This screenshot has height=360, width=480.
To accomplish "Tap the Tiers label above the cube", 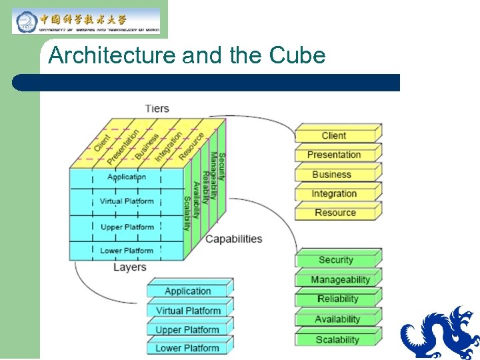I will click(157, 108).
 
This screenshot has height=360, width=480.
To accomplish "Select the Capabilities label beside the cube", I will click(233, 239).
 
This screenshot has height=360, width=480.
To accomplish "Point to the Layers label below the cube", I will click(129, 267).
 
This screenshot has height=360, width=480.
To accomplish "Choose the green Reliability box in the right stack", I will click(337, 299).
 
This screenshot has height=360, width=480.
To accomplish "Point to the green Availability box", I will click(337, 319).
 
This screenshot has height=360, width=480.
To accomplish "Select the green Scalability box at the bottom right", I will click(337, 339).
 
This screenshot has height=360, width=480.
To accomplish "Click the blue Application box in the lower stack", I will click(188, 291).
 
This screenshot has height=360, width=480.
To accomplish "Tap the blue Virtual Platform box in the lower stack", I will click(188, 310).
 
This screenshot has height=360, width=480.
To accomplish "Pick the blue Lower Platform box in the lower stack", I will click(188, 348).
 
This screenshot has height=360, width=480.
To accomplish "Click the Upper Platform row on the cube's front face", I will click(127, 227).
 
